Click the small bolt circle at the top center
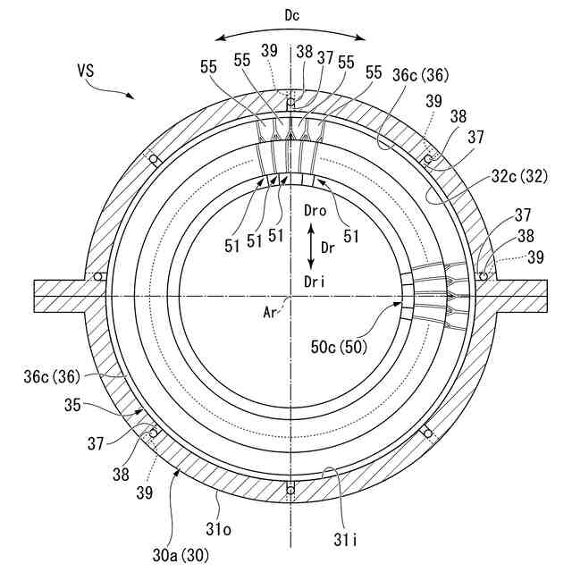click(x=290, y=102)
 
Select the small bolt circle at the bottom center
click(x=290, y=488)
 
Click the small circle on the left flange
click(x=97, y=276)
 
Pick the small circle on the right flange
click(x=484, y=276)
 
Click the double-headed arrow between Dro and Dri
click(x=309, y=248)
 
